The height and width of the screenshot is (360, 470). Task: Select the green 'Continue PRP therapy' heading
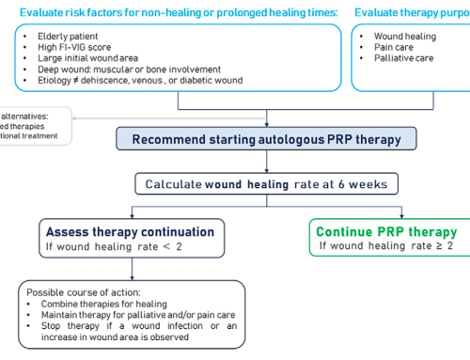tap(386, 231)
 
